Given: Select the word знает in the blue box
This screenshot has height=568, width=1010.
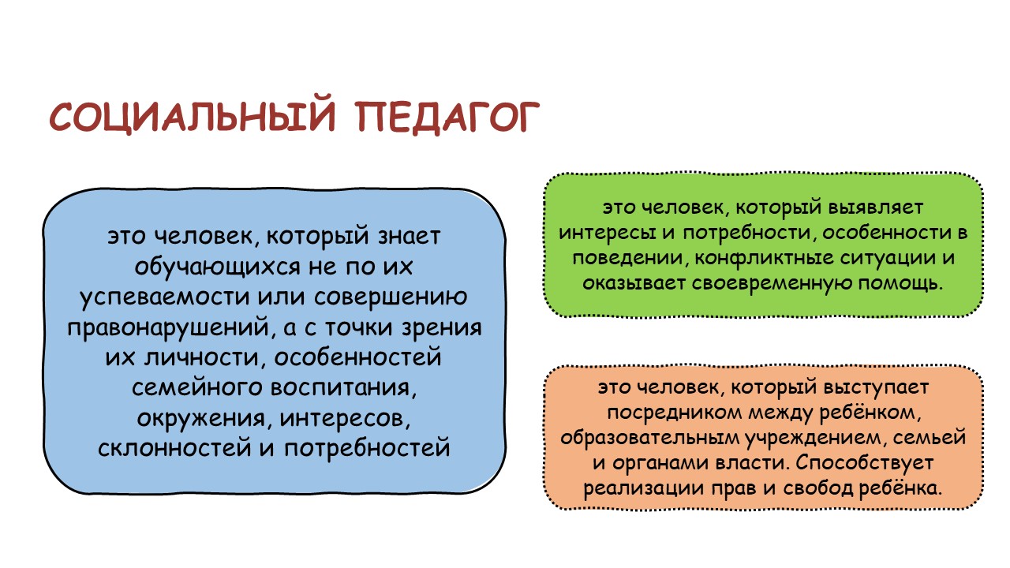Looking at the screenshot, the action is coord(409,236).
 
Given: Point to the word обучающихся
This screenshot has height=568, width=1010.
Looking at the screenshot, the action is coord(217,267).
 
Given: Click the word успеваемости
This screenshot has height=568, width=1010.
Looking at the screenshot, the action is coord(165,297).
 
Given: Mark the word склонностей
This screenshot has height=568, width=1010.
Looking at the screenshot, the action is coord(174,447).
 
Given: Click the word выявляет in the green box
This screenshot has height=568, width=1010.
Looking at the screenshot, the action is coord(876,207).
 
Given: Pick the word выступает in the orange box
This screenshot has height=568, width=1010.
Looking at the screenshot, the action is coord(876,387).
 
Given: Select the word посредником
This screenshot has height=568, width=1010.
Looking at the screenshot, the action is coord(674,413).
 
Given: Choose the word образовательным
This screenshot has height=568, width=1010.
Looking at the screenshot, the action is coord(650,438).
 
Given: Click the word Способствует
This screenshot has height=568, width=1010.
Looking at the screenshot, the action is coord(863,463).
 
